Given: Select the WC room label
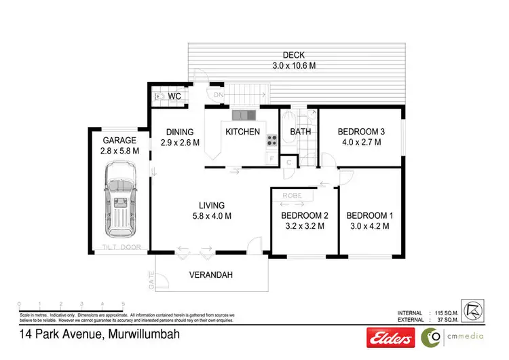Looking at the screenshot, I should [x=174, y=96].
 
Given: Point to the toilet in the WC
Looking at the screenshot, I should [x=159, y=97].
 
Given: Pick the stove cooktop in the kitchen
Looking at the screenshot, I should [x=271, y=141].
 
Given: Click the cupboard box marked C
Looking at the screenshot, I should [x=288, y=162].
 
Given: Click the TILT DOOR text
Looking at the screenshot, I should [x=121, y=247].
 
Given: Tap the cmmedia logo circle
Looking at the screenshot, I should [x=430, y=336].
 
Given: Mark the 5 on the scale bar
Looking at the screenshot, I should [x=123, y=304].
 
